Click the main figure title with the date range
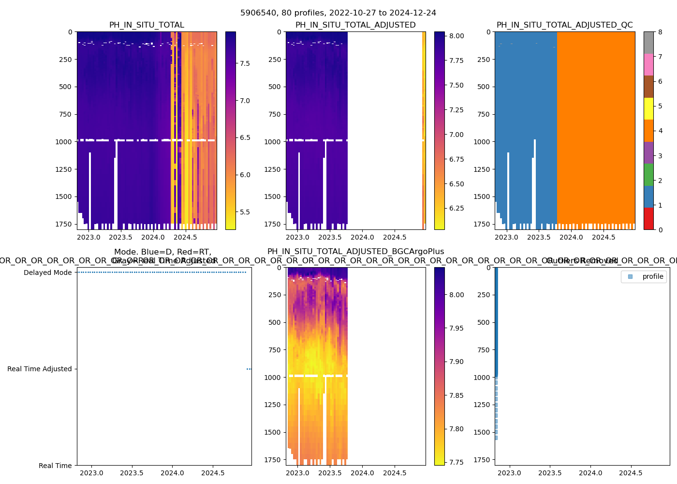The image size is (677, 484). point(338,13)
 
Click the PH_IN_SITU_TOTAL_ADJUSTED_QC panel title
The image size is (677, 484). point(564,25)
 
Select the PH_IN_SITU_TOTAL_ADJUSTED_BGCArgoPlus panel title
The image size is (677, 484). point(355,252)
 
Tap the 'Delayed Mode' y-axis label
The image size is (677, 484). point(47,272)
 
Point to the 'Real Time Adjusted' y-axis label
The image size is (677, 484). point(39,369)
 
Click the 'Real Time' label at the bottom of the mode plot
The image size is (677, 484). point(55,466)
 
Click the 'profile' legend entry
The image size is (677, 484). point(652,276)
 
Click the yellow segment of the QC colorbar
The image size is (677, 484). point(648,108)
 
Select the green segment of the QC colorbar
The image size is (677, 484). point(648,175)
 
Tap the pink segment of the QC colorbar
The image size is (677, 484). point(648,64)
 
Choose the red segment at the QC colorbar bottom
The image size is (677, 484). point(648,219)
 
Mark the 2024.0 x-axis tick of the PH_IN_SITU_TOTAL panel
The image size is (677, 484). point(153,237)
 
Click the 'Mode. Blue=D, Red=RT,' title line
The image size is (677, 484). point(162,252)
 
